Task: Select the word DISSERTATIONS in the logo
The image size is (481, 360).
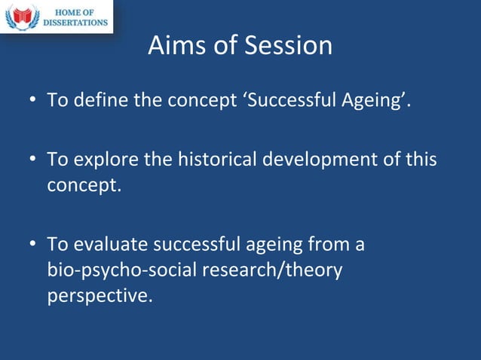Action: pyautogui.click(x=75, y=23)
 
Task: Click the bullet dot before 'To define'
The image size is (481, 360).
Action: pyautogui.click(x=34, y=101)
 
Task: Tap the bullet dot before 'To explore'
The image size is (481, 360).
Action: pyautogui.click(x=34, y=161)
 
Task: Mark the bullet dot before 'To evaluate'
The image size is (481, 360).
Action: pyautogui.click(x=34, y=246)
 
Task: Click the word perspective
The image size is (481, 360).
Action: pyautogui.click(x=99, y=296)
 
